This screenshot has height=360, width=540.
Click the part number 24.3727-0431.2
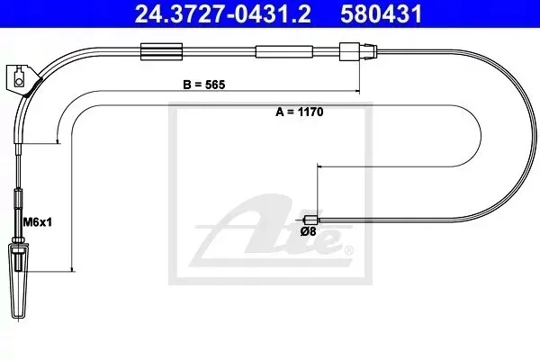click(x=222, y=13)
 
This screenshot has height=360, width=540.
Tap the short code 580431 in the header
click(x=382, y=13)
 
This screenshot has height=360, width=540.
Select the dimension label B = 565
click(x=204, y=85)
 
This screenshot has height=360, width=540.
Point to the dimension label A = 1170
click(x=300, y=112)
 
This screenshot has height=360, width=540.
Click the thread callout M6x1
click(x=37, y=222)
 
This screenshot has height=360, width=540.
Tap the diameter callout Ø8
click(x=308, y=231)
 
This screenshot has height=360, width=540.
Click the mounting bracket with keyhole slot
click(x=22, y=80)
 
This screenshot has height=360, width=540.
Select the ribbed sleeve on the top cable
click(x=161, y=51)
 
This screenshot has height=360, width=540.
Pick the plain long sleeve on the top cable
click(x=284, y=51)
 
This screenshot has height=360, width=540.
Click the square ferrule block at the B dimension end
click(x=349, y=51)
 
